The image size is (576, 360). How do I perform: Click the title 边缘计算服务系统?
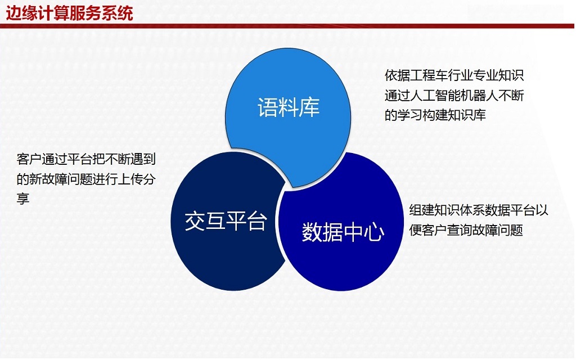pos(69,13)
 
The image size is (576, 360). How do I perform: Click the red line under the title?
pos(287,26)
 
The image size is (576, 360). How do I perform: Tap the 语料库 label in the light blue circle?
pos(289,107)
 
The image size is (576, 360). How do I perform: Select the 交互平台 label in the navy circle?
pos(226,220)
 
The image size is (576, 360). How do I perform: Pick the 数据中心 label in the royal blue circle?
pos(343,232)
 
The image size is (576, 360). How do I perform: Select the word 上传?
pos(130,179)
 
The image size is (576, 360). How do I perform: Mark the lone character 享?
pos(22,199)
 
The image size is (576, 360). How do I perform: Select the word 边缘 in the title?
pos(22,13)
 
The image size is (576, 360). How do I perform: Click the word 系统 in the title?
pos(118,13)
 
